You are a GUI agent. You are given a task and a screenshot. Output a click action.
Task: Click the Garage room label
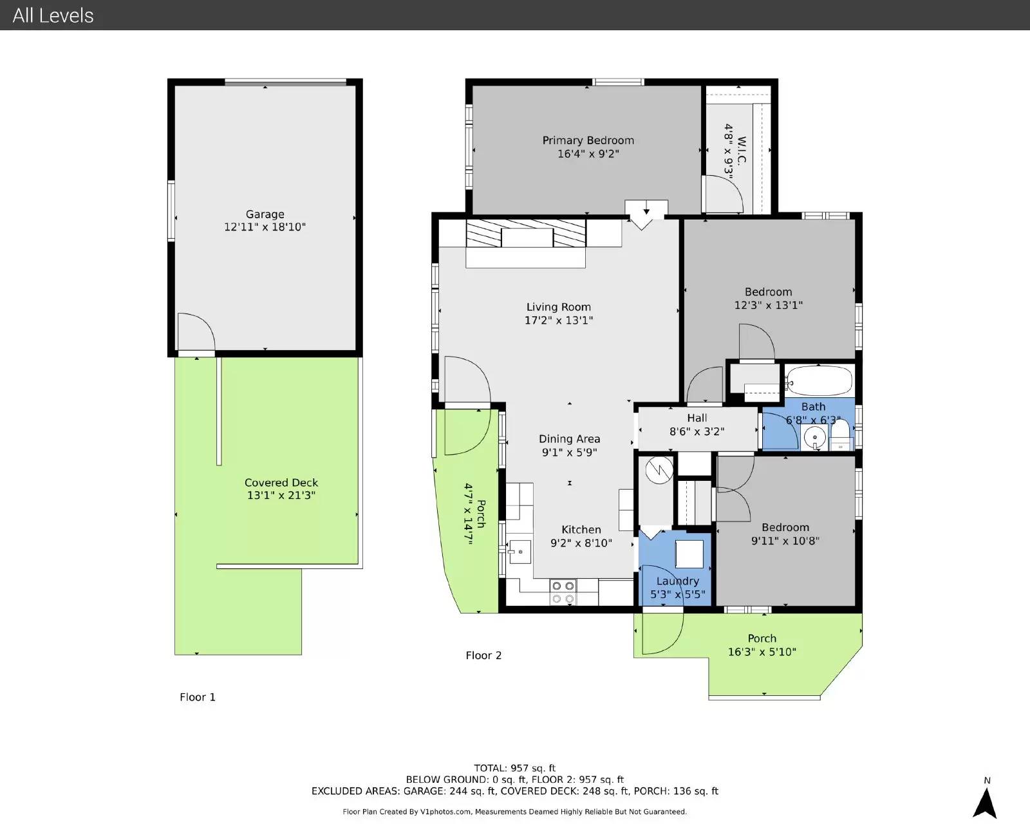[x=265, y=214]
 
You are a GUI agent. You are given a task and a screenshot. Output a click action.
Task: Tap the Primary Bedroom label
[x=588, y=140]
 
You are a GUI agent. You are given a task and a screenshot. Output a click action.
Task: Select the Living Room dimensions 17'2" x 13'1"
[x=559, y=320]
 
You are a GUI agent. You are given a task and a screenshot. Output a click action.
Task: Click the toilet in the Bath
[x=841, y=434]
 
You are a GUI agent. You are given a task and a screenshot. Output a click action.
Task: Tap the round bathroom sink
[x=815, y=438]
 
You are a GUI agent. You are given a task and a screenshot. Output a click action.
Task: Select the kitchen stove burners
[x=563, y=592]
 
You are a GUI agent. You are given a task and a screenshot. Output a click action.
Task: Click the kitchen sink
[x=520, y=552]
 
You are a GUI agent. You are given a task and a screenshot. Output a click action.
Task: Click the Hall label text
[x=697, y=418]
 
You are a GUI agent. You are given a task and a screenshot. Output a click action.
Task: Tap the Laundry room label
[x=677, y=581]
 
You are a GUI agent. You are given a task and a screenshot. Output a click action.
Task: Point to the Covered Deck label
[x=281, y=483]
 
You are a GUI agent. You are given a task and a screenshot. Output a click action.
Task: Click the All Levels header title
[x=53, y=15]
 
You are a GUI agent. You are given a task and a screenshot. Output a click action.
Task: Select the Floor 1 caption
[x=197, y=697]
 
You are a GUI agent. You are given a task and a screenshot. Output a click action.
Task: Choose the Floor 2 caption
[x=483, y=655]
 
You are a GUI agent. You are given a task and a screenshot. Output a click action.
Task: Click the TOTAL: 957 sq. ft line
[x=514, y=768]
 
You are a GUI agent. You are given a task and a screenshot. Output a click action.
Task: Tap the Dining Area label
[x=569, y=439]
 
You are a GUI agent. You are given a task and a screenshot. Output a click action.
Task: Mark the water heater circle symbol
[x=659, y=470]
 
